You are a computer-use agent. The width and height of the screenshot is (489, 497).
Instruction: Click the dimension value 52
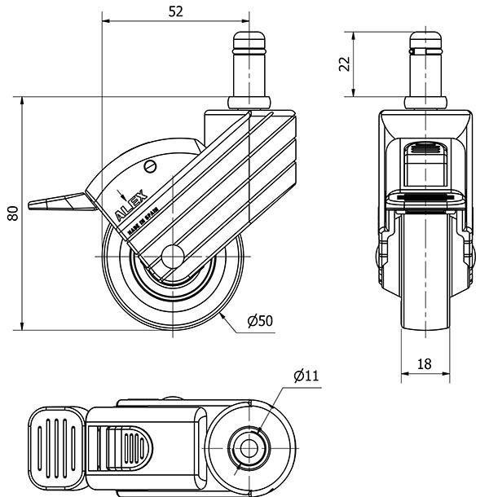coord(175,11)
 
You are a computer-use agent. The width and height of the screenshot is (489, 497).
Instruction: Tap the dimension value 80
coord(11,214)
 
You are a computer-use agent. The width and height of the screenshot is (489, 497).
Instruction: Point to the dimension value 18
coord(425,364)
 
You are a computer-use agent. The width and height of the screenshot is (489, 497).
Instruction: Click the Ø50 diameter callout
coord(258,321)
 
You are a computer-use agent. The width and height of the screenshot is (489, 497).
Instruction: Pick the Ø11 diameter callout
coord(306,376)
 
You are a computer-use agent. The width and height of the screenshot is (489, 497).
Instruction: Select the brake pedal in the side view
coord(61,200)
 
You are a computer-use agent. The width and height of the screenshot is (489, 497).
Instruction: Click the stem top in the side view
coord(251,38)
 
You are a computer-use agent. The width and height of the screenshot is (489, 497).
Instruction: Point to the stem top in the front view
coord(426,38)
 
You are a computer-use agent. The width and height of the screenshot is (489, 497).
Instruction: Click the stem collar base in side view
coord(251,103)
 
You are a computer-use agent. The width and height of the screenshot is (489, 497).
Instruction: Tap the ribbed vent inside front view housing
coord(426,151)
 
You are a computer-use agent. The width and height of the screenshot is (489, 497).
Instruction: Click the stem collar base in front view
coord(426,103)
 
